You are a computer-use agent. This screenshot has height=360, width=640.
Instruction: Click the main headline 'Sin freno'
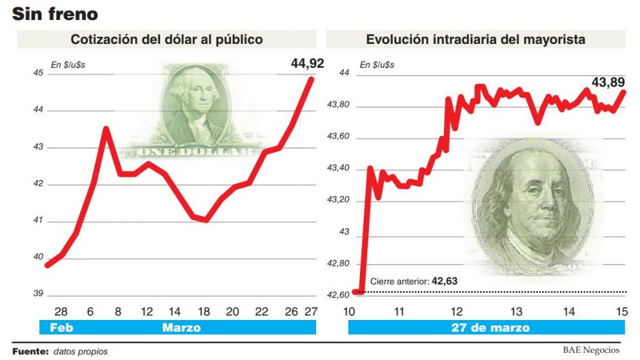pyautogui.click(x=55, y=13)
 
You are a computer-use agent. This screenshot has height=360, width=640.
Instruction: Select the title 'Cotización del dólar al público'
pyautogui.click(x=166, y=39)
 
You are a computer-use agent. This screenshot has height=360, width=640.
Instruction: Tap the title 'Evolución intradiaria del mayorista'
pyautogui.click(x=475, y=39)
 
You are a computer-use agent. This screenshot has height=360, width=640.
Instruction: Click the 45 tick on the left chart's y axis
pyautogui.click(x=37, y=73)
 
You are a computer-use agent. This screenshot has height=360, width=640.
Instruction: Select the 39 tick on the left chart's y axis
pyautogui.click(x=37, y=294)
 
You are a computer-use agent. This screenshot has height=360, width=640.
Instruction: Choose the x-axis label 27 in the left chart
pyautogui.click(x=310, y=312)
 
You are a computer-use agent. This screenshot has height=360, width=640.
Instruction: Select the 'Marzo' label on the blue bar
pyautogui.click(x=181, y=328)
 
